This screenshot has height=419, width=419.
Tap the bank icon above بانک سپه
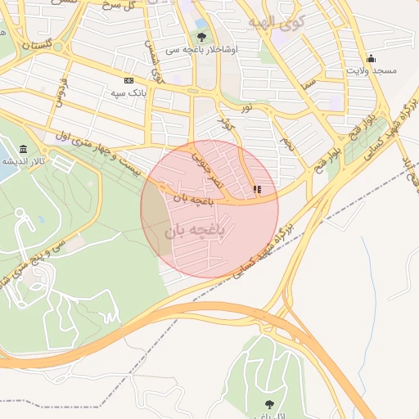click(x=128, y=80)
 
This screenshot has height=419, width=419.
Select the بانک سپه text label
click(x=128, y=92)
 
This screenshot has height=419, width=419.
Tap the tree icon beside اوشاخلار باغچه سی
click(x=202, y=37)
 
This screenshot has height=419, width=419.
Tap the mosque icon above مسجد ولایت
click(x=371, y=58)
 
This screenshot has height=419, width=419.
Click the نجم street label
click(x=286, y=144)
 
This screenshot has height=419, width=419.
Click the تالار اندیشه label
click(x=19, y=161)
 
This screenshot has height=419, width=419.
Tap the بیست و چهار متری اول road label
click(x=98, y=155)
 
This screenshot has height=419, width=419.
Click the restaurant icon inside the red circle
click(x=257, y=189)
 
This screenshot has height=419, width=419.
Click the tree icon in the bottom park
click(x=268, y=403)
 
